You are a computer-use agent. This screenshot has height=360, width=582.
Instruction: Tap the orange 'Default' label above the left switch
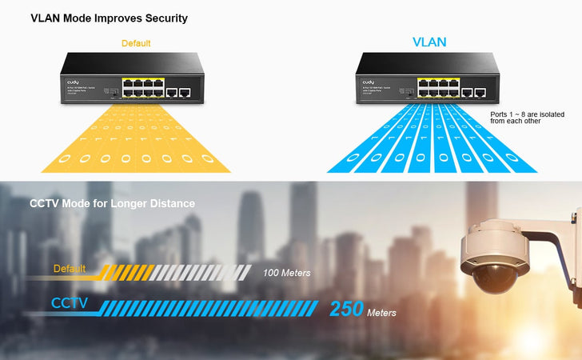pos(136,43)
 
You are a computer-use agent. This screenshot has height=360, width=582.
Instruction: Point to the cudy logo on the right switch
pos(368,82)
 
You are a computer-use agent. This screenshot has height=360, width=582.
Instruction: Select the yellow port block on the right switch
pos(437,88)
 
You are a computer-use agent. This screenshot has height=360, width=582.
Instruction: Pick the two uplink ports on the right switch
pos(474,93)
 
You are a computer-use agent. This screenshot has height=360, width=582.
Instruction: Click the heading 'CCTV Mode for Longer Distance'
pos(112,204)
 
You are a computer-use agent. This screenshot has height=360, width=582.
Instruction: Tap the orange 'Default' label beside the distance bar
pos(70,269)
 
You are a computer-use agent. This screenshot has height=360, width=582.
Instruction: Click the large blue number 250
pos(345,310)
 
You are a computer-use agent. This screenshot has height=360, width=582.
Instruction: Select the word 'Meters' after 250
pos(381,313)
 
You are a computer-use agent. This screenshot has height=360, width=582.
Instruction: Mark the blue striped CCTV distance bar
pos(216,308)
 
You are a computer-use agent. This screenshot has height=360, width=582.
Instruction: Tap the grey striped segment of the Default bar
pos(205,272)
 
